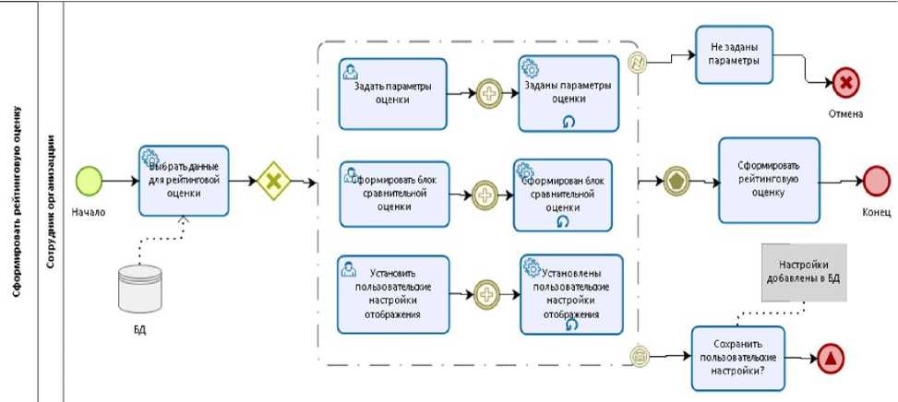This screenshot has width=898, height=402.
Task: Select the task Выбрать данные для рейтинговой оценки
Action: pos(184,181)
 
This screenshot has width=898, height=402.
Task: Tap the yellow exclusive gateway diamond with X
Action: pos(273,181)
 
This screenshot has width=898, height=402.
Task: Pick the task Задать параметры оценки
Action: pos(392,94)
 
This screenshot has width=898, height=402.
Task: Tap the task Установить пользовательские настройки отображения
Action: pos(393,294)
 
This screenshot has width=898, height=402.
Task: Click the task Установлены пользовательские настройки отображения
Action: pos(570,294)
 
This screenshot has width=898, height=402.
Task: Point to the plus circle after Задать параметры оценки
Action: pos(489,94)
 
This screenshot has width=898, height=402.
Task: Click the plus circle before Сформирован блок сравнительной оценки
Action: pos(485,194)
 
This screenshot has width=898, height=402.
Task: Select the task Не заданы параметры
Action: pos(734,53)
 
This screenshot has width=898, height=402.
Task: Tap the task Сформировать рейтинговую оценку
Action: pos(768,180)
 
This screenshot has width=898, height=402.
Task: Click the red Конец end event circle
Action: pos(874,181)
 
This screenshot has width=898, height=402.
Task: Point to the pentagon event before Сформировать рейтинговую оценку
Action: pos(677,180)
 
